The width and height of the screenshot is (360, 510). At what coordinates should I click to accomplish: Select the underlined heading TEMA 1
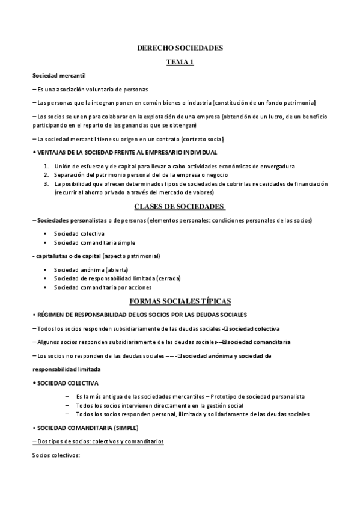coord(180,62)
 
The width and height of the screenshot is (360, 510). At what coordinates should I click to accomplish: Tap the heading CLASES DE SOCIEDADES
coord(180,207)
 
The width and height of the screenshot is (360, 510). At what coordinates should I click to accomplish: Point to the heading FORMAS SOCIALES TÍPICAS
coord(180,300)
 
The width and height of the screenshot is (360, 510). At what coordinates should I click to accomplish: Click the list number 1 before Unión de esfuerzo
coord(47,166)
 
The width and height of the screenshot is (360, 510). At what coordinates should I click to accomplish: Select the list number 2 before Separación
coord(47,174)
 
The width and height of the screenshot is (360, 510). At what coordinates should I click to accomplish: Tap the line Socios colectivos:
coord(56,455)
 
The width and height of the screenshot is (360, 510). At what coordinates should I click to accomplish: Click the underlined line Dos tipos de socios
coord(98,441)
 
